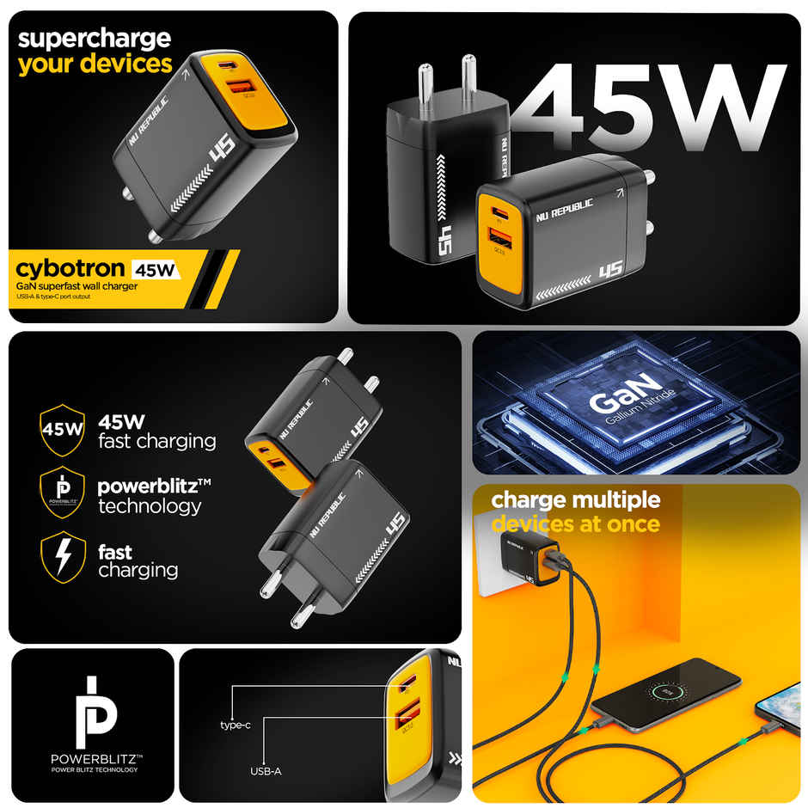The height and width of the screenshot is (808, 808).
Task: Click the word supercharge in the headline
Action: (95, 39)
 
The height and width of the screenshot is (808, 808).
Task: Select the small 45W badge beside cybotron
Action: (156, 270)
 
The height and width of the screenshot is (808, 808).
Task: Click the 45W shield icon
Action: (63, 426)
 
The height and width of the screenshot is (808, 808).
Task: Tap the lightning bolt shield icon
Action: (63, 557)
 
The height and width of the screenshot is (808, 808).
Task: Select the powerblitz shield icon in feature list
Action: (63, 492)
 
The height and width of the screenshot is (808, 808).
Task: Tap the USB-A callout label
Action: (266, 771)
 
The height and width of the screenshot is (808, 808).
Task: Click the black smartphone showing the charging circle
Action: (666, 692)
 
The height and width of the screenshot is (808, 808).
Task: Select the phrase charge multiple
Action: (575, 500)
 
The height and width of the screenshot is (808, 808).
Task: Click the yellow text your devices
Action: (95, 64)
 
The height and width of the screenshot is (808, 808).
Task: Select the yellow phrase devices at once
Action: (575, 523)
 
